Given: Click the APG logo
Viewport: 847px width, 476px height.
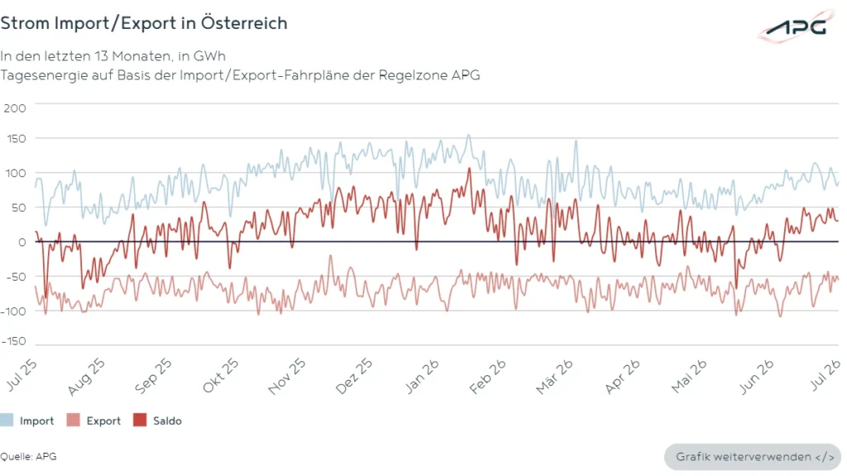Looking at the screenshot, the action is [x=797, y=26].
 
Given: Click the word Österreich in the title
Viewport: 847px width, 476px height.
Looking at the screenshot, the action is [x=244, y=22].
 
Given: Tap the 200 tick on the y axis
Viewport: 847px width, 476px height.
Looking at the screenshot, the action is [x=15, y=108].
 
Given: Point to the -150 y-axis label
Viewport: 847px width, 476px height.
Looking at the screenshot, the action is [x=13, y=341].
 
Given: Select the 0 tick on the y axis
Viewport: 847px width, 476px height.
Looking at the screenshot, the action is [x=22, y=242].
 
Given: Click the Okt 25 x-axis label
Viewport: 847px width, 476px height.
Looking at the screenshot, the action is [x=220, y=375].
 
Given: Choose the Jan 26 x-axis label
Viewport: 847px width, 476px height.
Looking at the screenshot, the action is [x=422, y=376].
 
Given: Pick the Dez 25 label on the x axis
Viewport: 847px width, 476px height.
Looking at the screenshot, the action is [x=354, y=376].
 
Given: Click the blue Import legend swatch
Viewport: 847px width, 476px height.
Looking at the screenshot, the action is [x=7, y=421].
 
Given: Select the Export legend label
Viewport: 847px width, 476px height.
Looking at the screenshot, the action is [x=103, y=421].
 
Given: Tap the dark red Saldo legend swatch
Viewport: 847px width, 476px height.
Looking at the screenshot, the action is [x=140, y=421].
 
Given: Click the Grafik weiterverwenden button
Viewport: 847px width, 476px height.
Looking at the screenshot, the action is [x=753, y=457].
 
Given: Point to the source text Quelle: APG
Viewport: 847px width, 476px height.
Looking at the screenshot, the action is [x=28, y=456].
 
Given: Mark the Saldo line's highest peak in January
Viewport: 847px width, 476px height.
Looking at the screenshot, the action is [x=470, y=169].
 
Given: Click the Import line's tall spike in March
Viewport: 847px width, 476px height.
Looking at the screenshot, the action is [x=576, y=141].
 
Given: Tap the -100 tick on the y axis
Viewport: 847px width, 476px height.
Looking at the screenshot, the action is [x=13, y=312].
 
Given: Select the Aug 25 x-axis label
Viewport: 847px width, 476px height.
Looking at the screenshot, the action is [x=86, y=377].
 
